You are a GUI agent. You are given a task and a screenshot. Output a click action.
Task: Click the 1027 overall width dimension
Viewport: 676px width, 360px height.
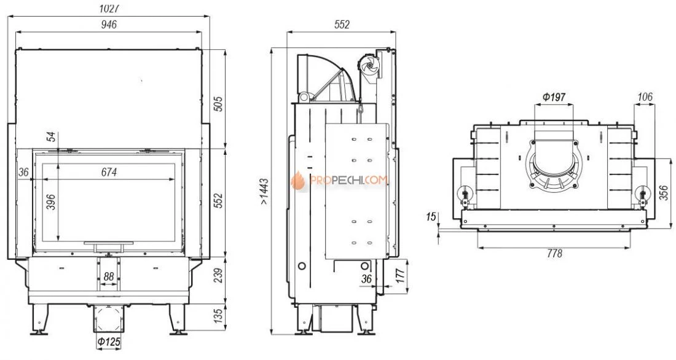pos(109,9)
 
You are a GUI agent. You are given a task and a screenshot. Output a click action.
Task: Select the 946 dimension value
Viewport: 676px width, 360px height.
pos(109,25)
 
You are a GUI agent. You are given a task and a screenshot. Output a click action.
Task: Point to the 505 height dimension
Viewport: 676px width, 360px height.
pos(219,104)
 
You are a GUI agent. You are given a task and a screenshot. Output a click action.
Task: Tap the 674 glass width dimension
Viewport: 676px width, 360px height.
pos(109,173)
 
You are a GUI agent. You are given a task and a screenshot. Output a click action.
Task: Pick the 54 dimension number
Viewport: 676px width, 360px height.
pos(51,137)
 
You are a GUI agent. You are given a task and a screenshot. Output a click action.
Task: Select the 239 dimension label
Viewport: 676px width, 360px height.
pos(219,276)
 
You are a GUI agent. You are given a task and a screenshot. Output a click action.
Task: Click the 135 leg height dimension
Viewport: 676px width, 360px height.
pos(219,316)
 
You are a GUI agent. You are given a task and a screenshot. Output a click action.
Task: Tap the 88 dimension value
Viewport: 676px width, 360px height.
pos(109,276)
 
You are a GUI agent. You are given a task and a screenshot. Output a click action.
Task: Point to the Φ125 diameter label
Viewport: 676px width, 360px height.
pos(109,342)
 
